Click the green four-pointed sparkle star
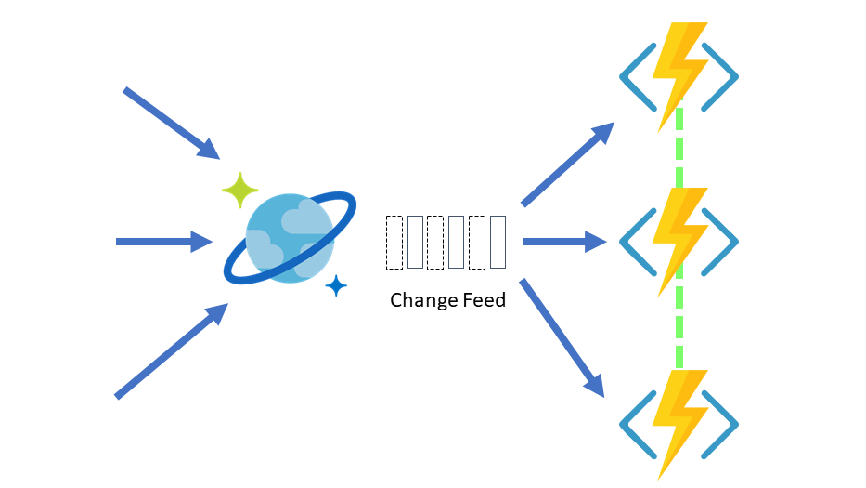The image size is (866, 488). pyautogui.click(x=240, y=190)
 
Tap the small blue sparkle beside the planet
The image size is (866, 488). pyautogui.click(x=336, y=286)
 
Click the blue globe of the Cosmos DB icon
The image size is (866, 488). pyautogui.click(x=288, y=238)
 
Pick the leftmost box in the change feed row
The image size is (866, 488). pyautogui.click(x=394, y=243)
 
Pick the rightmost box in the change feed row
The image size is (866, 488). pyautogui.click(x=498, y=243)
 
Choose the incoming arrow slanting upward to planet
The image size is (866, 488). pyautogui.click(x=171, y=351)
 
